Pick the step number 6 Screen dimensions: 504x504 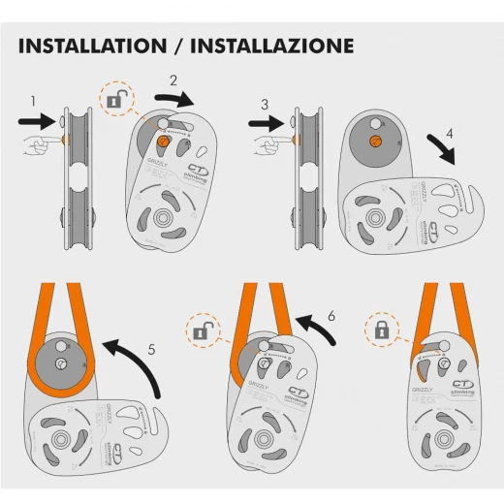point(331,315)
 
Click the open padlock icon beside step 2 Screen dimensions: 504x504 point(115,98)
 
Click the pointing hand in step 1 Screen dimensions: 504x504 point(36,144)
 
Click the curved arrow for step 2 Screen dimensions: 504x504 point(178,99)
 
